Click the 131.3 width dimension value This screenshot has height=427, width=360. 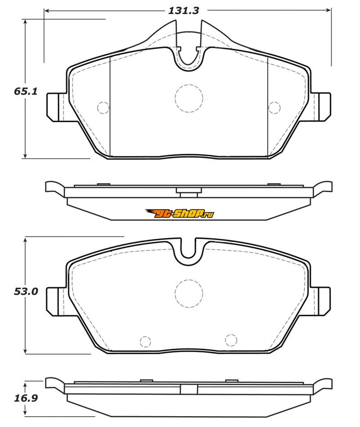pyautogui.click(x=184, y=11)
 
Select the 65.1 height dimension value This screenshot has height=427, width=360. pyautogui.click(x=26, y=91)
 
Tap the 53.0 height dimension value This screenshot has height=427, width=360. pyautogui.click(x=26, y=291)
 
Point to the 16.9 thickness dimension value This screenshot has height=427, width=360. pyautogui.click(x=26, y=398)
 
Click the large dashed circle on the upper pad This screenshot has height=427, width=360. pyautogui.click(x=189, y=98)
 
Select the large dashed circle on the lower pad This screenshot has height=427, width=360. pyautogui.click(x=189, y=294)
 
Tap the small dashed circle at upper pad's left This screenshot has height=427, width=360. pyautogui.click(x=103, y=108)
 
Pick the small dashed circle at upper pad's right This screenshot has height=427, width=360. pyautogui.click(x=274, y=108)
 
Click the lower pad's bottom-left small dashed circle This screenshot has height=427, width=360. pyautogui.click(x=145, y=341)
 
